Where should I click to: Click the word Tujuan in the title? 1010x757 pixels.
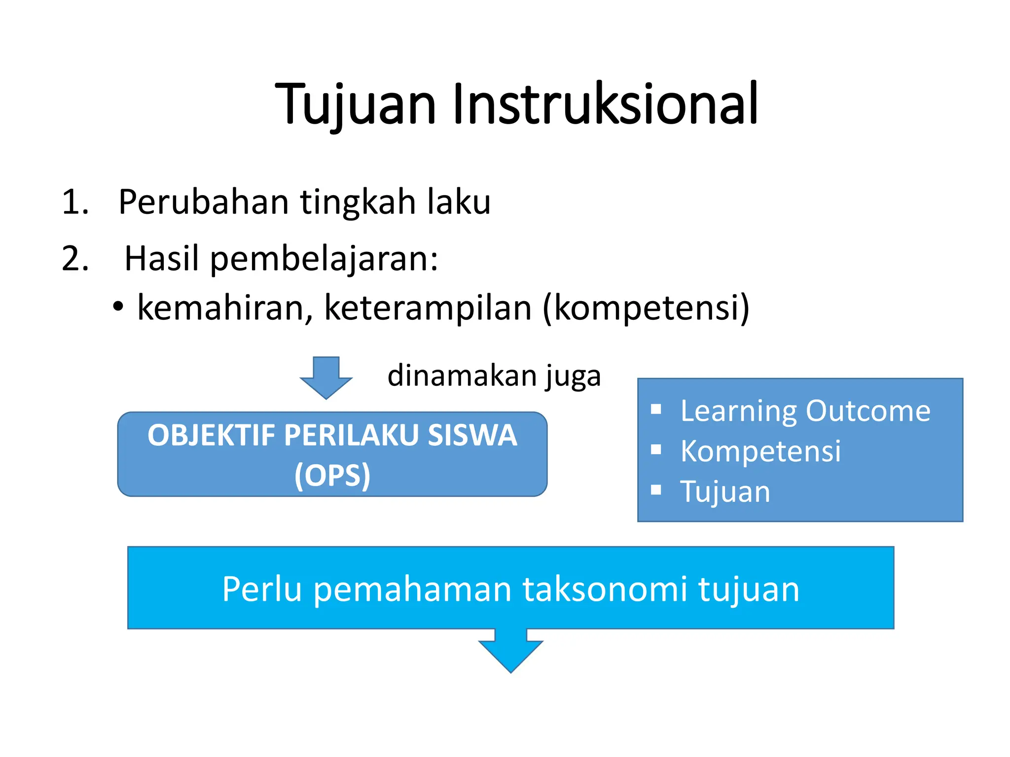point(356,104)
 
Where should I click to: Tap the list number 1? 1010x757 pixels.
point(74,202)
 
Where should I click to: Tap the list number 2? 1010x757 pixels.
point(74,259)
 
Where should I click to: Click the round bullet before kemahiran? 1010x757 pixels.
point(117,307)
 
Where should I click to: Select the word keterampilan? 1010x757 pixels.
point(428,308)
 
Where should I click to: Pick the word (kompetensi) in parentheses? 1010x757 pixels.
point(646,308)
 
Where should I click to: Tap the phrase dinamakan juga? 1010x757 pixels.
point(494,376)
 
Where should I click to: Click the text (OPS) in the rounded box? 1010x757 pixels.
point(332,475)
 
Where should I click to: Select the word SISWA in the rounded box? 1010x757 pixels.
point(472,436)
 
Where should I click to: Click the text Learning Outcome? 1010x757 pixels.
point(805,411)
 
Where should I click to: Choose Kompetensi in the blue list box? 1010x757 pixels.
point(760,451)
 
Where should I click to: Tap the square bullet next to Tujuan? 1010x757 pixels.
point(655,490)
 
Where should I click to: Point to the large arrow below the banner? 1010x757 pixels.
point(510,652)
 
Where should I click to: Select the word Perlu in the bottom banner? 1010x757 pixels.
point(262,589)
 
